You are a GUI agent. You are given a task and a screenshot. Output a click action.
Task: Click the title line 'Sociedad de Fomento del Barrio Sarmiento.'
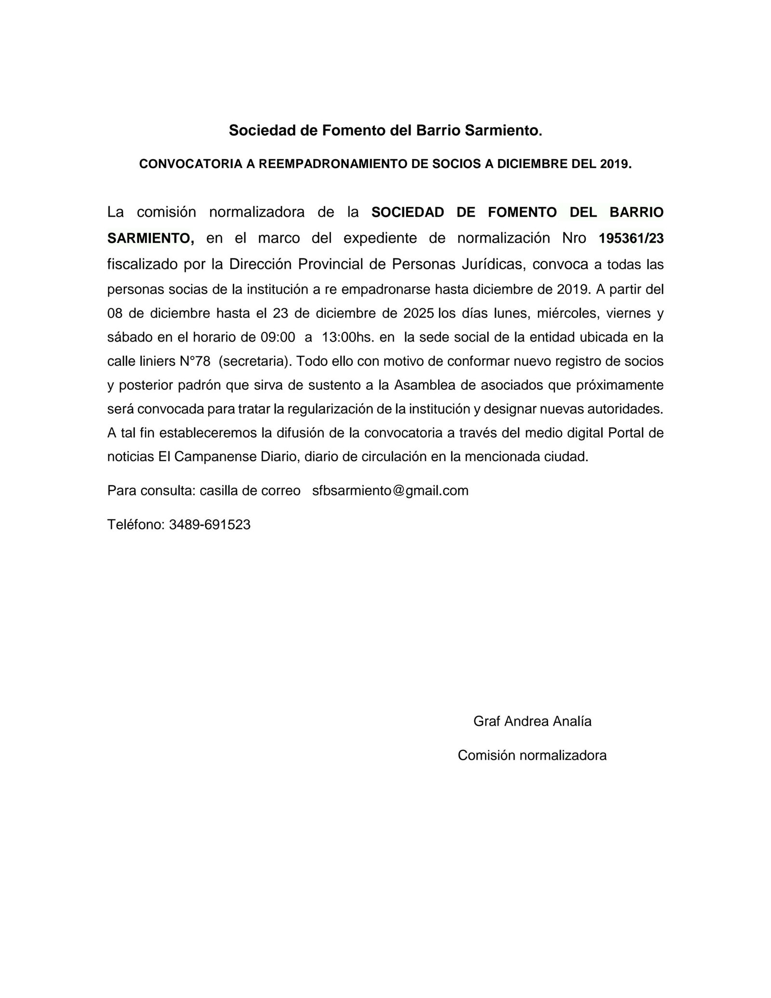(x=385, y=131)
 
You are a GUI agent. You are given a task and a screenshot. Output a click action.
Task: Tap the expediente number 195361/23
(x=631, y=239)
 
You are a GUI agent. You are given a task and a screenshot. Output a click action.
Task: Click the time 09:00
(x=278, y=338)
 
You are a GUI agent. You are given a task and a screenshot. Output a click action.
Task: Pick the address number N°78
(x=195, y=361)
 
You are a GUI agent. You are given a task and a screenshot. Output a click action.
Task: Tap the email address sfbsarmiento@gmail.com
(x=390, y=491)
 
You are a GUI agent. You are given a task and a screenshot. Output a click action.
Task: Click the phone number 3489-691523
(x=210, y=525)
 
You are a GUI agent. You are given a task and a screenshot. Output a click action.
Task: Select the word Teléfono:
(x=136, y=525)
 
